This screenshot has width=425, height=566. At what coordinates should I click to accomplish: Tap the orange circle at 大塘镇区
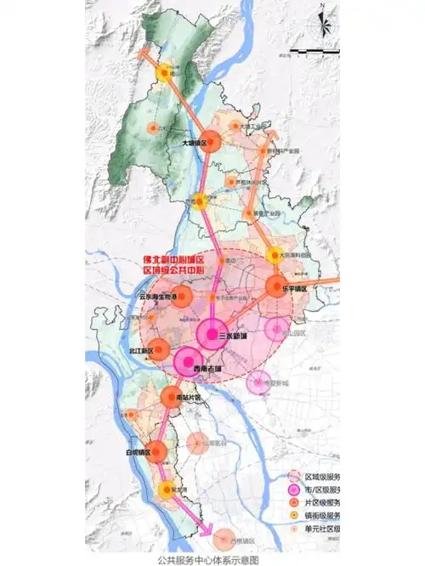(x=212, y=142)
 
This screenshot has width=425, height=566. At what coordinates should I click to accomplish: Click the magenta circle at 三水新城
(x=212, y=332)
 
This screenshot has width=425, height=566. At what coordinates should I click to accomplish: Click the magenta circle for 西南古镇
(x=190, y=362)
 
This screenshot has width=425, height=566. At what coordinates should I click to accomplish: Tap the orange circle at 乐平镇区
(x=277, y=288)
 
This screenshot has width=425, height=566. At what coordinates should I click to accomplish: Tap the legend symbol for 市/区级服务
(x=295, y=491)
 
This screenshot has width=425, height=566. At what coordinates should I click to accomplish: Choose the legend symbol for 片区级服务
(x=295, y=505)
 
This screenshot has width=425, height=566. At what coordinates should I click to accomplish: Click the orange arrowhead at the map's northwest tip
(x=144, y=48)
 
